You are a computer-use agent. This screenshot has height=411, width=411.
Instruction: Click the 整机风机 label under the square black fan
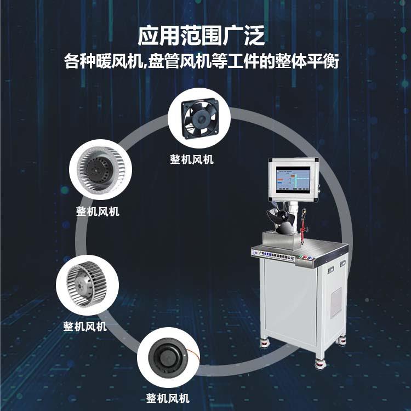click(x=192, y=160)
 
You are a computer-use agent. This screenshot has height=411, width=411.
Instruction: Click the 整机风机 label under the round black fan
click(x=167, y=398)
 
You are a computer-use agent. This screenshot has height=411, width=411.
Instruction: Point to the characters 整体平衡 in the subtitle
click(x=315, y=61)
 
